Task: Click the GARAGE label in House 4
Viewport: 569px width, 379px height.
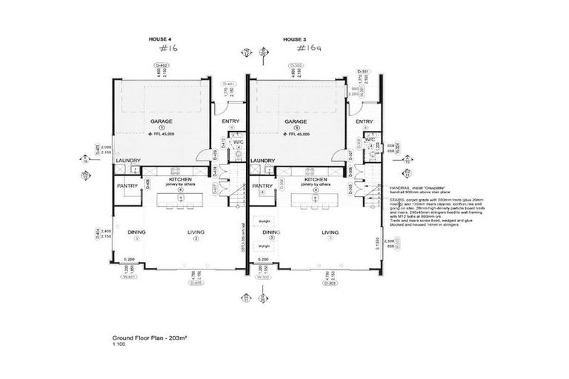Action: (162, 121)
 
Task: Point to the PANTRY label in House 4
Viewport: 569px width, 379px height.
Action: (127, 186)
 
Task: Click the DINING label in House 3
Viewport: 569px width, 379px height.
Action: (271, 232)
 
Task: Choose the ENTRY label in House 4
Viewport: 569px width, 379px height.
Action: (225, 122)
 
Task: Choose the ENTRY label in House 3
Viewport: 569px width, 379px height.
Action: (363, 122)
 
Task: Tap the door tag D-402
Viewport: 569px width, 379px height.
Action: (162, 66)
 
